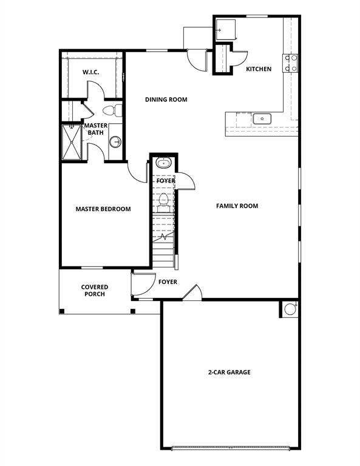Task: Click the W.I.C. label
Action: (x=90, y=73)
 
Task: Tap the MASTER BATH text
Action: (x=96, y=129)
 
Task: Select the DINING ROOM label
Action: (x=166, y=100)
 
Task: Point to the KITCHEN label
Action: (x=258, y=69)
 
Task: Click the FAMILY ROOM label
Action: (x=237, y=206)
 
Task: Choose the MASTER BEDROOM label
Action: (x=103, y=209)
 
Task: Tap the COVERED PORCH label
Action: (x=95, y=290)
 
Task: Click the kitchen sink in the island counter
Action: (x=262, y=118)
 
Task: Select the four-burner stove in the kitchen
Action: (x=290, y=63)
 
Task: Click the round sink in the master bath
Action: (x=115, y=142)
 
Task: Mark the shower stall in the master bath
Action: (x=72, y=142)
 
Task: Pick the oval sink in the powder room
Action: (x=163, y=163)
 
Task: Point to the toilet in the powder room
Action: (x=163, y=201)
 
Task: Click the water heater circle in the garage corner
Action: (x=289, y=309)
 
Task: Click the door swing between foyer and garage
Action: (x=193, y=292)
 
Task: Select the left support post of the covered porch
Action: (x=61, y=312)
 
